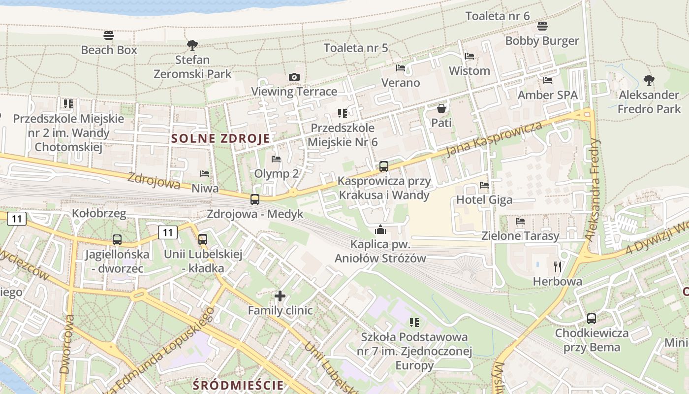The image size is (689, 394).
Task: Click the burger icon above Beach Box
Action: click(109, 35)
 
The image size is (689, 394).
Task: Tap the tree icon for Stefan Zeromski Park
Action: click(192, 45)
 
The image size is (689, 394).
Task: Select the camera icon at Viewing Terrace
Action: click(294, 77)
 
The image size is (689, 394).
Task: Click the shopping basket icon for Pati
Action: click(441, 108)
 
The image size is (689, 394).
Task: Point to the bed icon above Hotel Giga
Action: click(484, 185)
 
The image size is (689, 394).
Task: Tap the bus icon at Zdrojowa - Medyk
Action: click(255, 199)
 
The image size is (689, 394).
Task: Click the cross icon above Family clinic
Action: click(280, 295)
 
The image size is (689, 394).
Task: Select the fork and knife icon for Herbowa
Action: click(558, 267)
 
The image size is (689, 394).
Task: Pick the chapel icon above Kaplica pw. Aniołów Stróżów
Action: click(380, 230)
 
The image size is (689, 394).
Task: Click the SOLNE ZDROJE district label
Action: click(220, 138)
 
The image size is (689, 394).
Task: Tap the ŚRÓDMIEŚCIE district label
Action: click(239, 385)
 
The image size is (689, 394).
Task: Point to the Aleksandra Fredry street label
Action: click(593, 190)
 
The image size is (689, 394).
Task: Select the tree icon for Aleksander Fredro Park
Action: click(649, 80)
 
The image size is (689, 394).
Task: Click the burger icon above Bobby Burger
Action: click(542, 26)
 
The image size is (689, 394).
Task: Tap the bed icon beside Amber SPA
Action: click(548, 80)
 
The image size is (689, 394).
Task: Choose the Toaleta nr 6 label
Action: click(498, 16)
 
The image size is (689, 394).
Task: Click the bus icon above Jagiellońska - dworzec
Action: click(117, 240)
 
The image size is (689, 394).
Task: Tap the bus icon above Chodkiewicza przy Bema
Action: click(592, 319)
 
